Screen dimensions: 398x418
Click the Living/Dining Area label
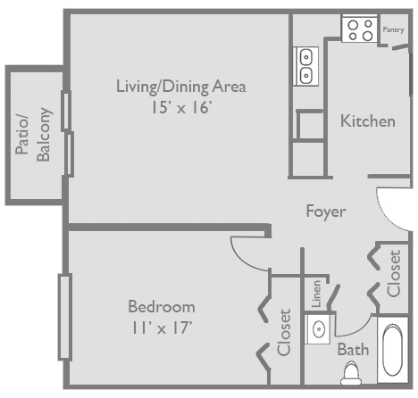(x=180, y=87)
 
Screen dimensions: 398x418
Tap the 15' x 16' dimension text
(x=180, y=107)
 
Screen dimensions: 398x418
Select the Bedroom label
(x=161, y=306)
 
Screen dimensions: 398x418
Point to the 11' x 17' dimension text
(x=161, y=327)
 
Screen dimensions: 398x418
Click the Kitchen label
(x=367, y=120)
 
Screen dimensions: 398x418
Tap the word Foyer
(x=325, y=211)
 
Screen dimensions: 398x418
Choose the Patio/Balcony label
(x=34, y=135)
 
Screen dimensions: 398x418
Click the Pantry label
(x=393, y=29)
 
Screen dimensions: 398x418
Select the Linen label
(x=316, y=294)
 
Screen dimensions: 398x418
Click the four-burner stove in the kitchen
(x=360, y=30)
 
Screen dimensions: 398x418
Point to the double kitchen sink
(x=305, y=66)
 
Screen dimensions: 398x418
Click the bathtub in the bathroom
(x=392, y=352)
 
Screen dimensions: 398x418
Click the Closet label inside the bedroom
(x=285, y=332)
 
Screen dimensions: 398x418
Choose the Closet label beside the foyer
(x=393, y=273)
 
